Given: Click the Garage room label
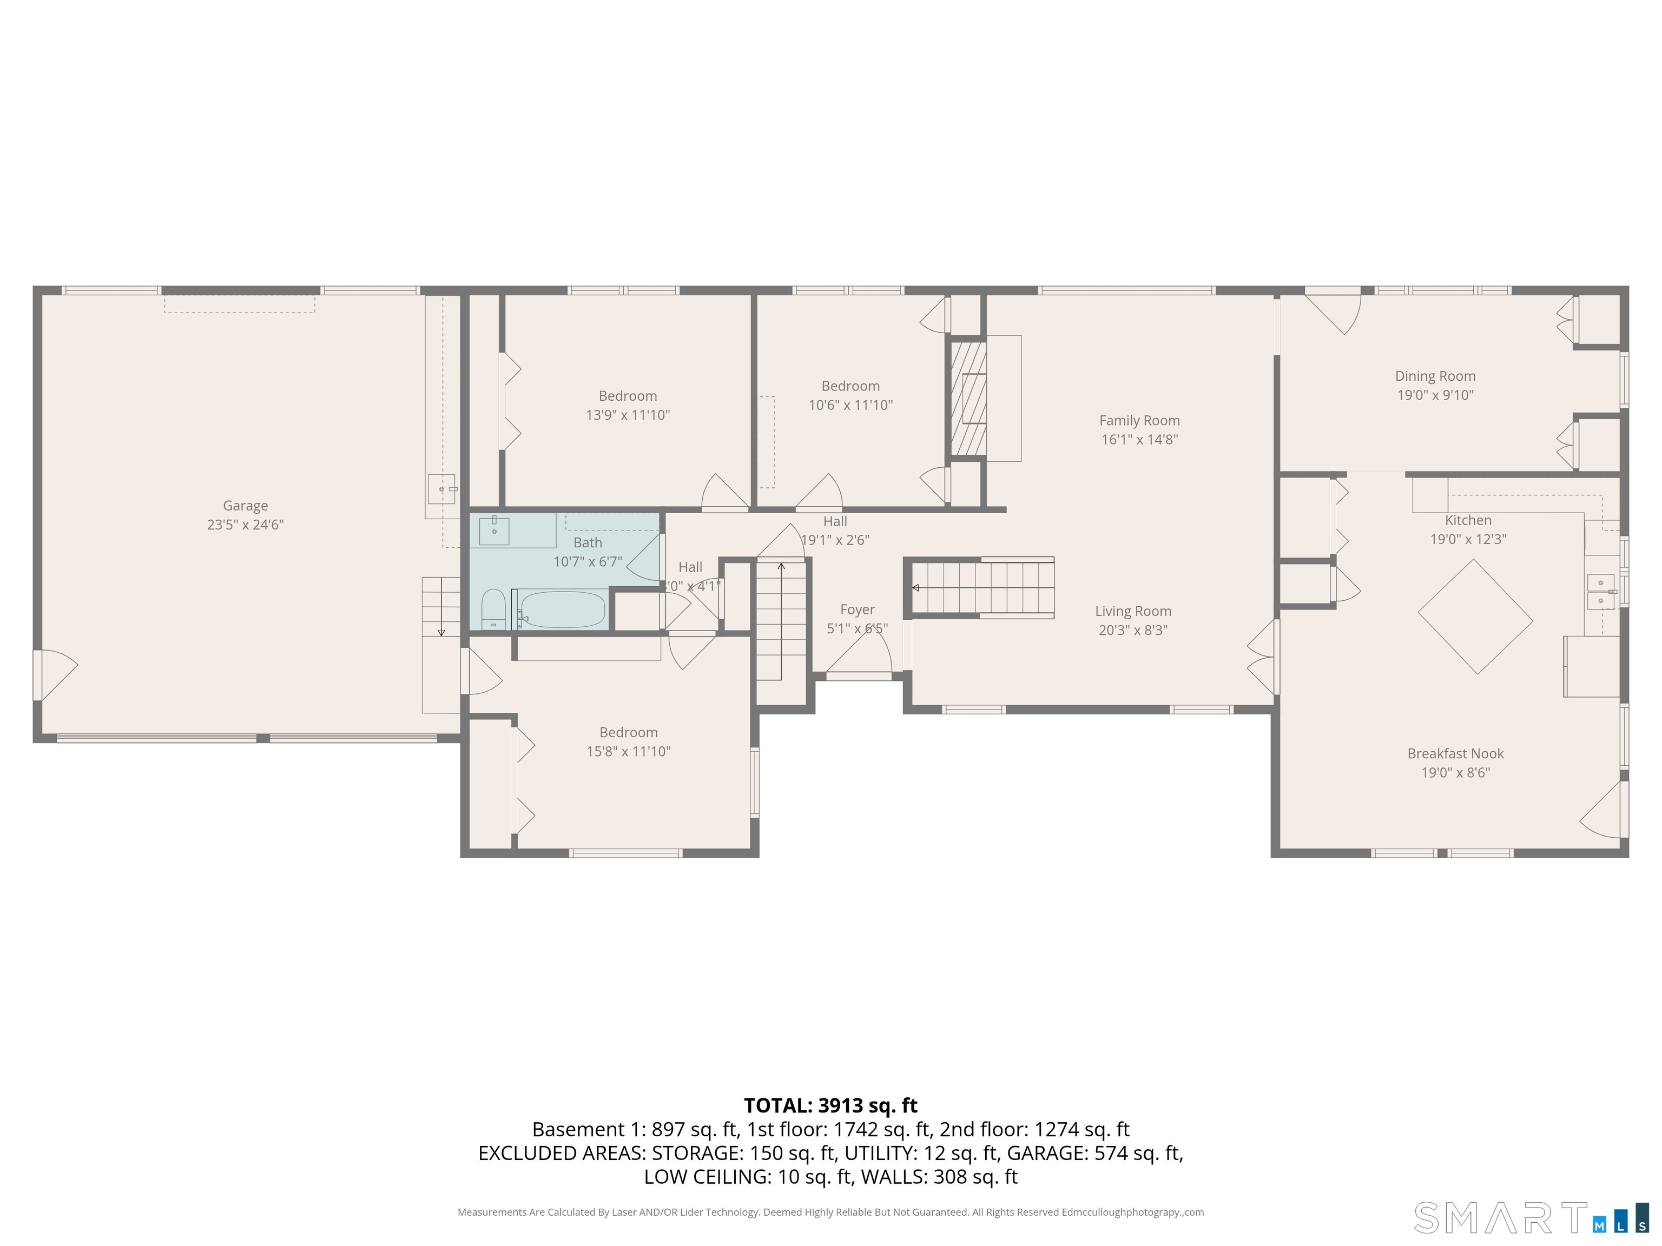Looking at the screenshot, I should [x=245, y=506].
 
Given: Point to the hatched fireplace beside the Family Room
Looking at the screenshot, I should [x=968, y=398].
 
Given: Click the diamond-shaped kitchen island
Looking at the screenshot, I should [x=1475, y=617].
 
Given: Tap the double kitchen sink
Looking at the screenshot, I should [x=1600, y=592].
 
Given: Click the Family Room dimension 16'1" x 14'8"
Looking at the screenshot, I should [x=1139, y=439].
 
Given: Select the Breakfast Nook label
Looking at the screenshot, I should [x=1455, y=753].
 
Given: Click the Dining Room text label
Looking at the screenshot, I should [x=1435, y=376].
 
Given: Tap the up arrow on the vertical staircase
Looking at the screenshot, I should [x=781, y=567].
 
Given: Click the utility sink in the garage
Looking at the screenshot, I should [x=442, y=489].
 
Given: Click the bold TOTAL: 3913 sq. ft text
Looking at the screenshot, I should [x=830, y=1105].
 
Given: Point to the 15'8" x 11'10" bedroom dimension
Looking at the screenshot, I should [x=628, y=751].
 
